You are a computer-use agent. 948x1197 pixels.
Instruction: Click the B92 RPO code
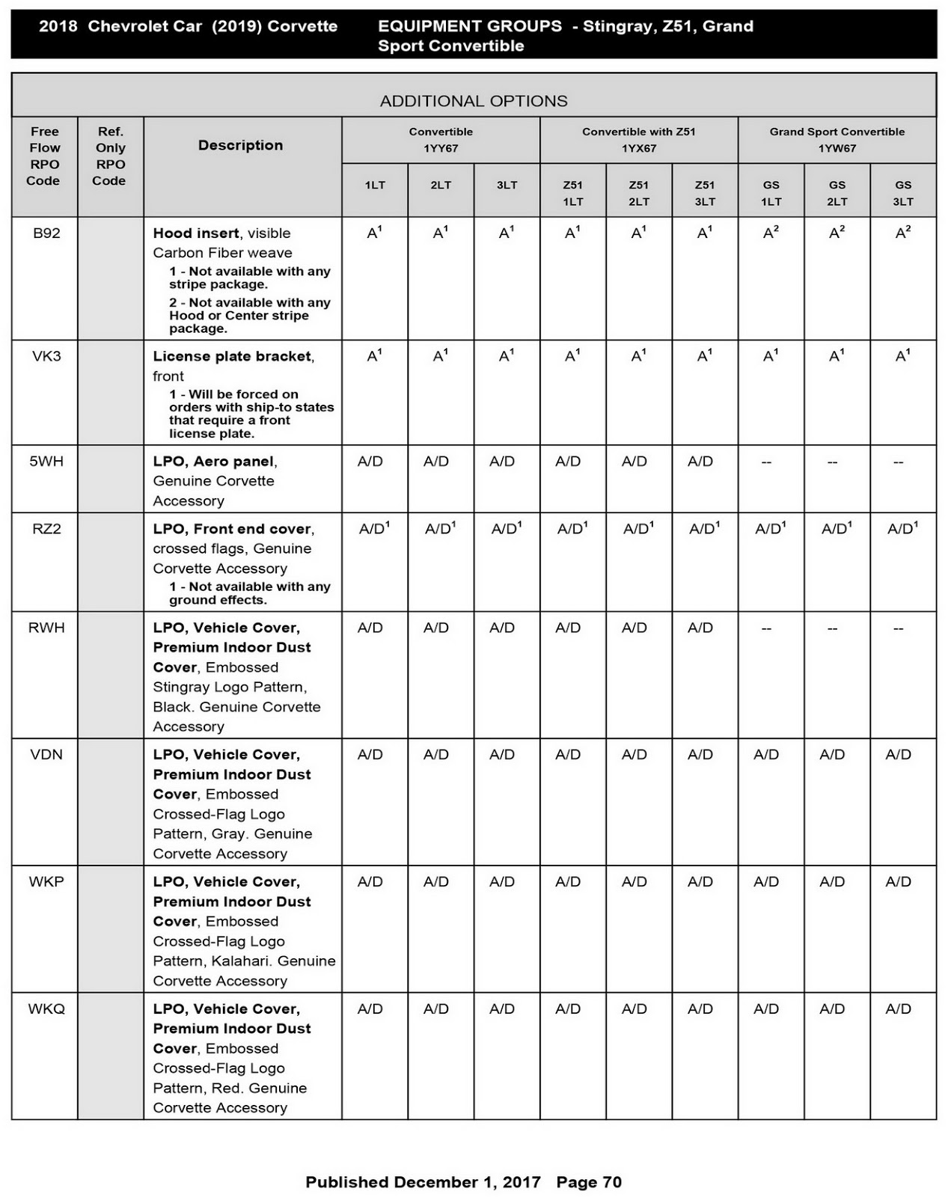46,233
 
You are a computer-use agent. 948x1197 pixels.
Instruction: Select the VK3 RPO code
46,356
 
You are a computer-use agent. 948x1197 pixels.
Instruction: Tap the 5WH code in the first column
46,462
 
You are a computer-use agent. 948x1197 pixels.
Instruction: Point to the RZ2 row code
46,529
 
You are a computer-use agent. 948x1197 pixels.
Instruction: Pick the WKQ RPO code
46,1008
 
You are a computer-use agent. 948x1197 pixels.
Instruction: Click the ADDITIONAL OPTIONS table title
474,101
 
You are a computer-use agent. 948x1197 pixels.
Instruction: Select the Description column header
240,145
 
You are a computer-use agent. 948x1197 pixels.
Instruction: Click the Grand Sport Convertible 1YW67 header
837,140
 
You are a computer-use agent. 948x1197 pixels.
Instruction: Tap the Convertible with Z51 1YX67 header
638,140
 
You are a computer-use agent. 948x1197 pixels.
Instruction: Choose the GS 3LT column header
902,193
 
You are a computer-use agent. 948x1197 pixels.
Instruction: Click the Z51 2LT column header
638,193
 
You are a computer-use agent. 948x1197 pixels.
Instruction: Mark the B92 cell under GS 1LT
771,233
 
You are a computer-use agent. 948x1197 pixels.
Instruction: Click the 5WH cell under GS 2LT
832,462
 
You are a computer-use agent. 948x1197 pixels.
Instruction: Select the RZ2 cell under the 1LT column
374,529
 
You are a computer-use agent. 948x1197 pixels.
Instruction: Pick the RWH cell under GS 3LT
898,628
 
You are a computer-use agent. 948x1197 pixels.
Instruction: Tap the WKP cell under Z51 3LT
700,882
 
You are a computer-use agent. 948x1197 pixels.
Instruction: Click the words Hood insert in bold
196,233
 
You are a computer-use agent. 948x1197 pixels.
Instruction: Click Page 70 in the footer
589,1182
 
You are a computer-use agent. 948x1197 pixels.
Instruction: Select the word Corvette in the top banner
302,26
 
